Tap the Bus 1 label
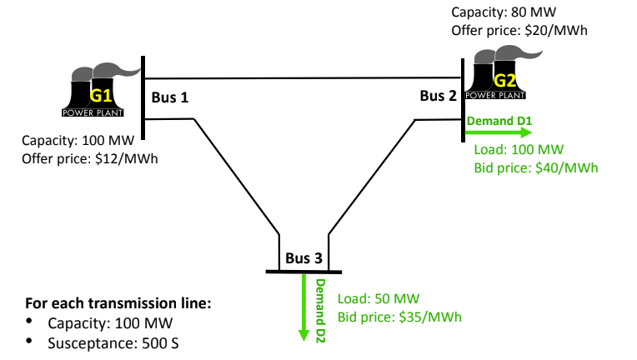click(170, 97)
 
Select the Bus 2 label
click(438, 96)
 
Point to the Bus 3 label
click(303, 257)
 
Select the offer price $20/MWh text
click(519, 30)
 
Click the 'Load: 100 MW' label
click(519, 150)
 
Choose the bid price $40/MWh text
click(536, 167)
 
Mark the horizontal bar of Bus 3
click(303, 271)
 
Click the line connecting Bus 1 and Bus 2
click(304, 77)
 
